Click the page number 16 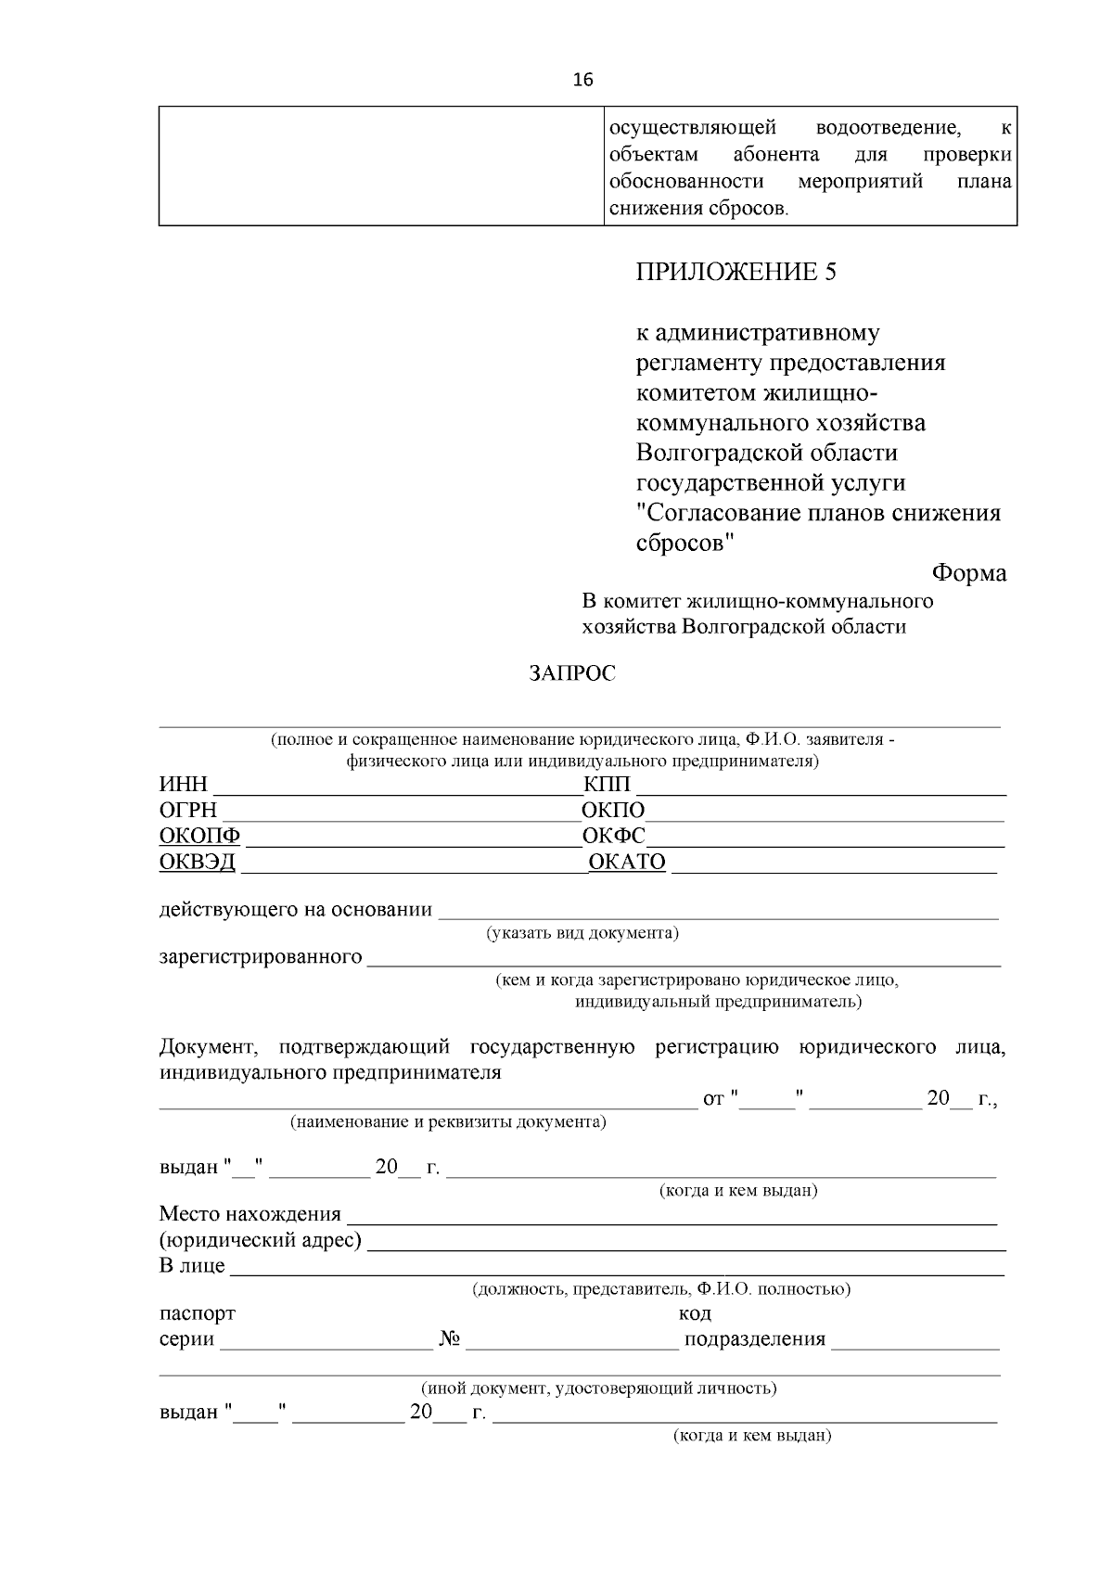pos(582,80)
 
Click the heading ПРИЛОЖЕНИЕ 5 pos(736,272)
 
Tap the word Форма pos(968,573)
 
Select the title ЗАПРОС pos(572,673)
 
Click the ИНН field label pos(183,785)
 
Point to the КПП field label pos(607,785)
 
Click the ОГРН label pos(187,811)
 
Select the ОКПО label pos(613,811)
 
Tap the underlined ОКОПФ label pos(199,836)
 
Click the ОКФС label pos(613,836)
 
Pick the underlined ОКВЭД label pos(198,862)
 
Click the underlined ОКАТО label pos(628,862)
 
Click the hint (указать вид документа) pos(582,933)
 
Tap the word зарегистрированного pos(261,956)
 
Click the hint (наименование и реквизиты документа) pos(448,1122)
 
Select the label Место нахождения pos(249,1214)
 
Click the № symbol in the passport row pos(450,1339)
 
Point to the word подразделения pos(754,1339)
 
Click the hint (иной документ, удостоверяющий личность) pos(598,1388)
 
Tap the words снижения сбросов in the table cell pos(697,209)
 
